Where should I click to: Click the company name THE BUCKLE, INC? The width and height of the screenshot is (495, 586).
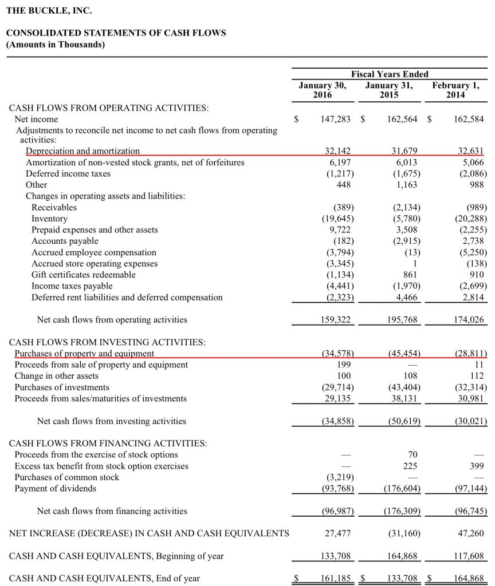click(49, 10)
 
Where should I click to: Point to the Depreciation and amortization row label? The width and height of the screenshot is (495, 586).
click(82, 151)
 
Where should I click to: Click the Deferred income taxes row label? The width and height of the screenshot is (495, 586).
click(68, 173)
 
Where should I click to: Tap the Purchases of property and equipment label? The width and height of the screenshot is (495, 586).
click(84, 354)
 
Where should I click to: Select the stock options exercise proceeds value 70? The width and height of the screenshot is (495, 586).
click(413, 455)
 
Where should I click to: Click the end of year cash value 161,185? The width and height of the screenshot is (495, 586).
click(336, 579)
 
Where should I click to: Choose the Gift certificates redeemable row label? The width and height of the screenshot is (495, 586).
click(84, 275)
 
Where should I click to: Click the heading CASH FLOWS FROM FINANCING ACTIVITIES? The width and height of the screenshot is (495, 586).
click(108, 444)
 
